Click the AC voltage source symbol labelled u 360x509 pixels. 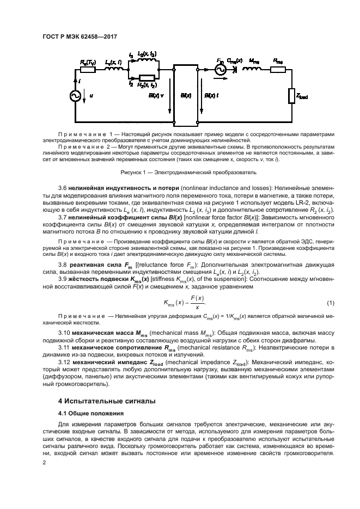(75, 96)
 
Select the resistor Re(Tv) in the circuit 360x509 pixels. (89, 70)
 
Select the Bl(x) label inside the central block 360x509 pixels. (185, 95)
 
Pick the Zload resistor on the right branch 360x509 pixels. (290, 96)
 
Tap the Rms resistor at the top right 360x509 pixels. (277, 70)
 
